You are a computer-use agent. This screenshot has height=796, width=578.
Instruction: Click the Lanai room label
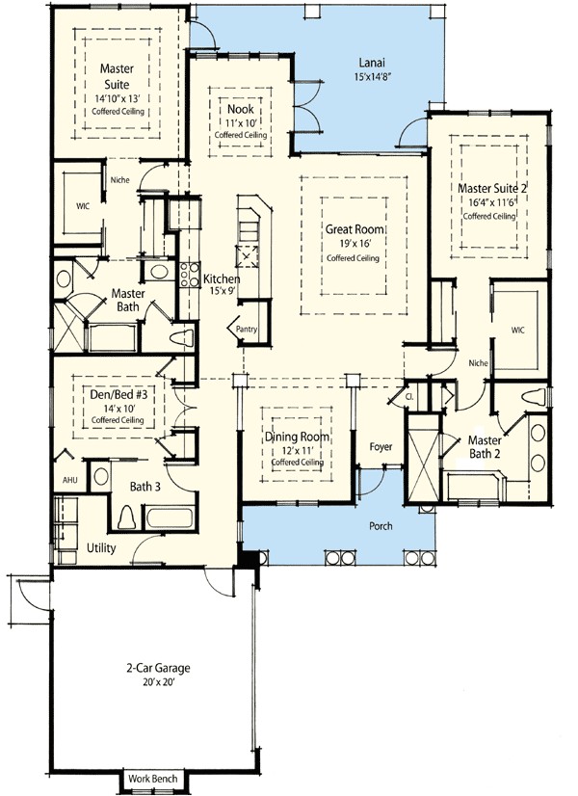[372, 63]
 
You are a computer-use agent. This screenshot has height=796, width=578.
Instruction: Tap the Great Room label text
[355, 229]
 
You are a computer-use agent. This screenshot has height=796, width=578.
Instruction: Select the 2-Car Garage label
[158, 668]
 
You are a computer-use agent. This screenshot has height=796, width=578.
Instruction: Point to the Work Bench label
[153, 779]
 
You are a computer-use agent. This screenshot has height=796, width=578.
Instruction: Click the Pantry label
[247, 329]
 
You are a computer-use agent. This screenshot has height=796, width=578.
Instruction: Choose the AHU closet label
[70, 480]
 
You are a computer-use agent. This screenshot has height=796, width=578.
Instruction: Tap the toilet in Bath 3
[126, 517]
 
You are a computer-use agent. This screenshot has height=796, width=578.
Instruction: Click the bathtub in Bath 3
[170, 517]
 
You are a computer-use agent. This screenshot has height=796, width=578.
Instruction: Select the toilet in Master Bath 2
[534, 396]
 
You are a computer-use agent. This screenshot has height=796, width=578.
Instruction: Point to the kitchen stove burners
[189, 275]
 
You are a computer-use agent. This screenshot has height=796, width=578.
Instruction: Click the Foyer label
[381, 447]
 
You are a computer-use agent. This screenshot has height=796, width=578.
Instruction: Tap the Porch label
[381, 526]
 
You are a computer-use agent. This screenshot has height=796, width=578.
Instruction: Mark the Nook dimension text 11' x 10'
[241, 122]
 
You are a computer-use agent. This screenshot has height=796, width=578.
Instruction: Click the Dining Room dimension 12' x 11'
[297, 450]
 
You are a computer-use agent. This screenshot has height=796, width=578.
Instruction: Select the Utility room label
[101, 548]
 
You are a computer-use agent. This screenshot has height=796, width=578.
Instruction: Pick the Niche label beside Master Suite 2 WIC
[479, 363]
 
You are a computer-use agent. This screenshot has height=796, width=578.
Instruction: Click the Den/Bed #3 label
[118, 394]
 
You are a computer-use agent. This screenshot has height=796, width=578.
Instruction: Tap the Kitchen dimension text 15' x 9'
[222, 291]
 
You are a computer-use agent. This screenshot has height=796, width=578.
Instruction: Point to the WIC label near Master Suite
[82, 206]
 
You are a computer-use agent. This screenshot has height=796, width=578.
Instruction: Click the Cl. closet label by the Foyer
[409, 397]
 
